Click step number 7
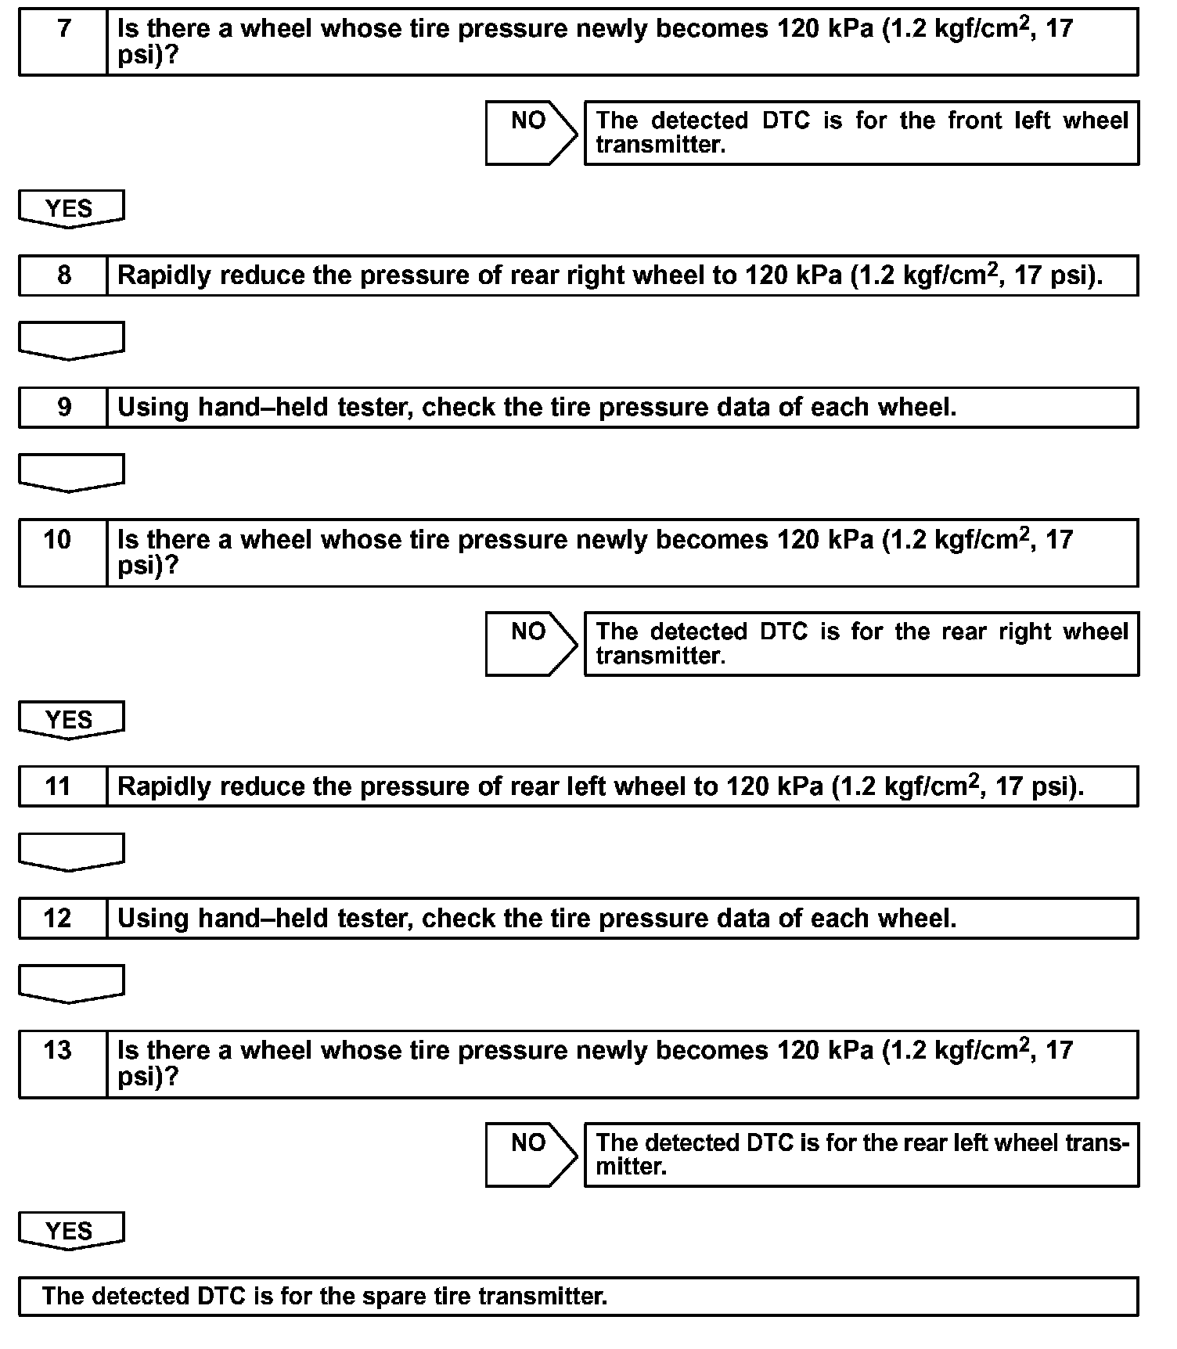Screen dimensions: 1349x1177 (x=63, y=30)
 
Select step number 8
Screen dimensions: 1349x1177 (x=63, y=275)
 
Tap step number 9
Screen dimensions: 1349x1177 (x=63, y=408)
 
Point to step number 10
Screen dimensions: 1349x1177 (x=58, y=540)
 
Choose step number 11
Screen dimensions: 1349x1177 (x=58, y=786)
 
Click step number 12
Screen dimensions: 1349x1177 (x=58, y=919)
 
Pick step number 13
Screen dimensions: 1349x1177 (x=58, y=1051)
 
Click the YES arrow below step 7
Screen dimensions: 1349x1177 (x=70, y=209)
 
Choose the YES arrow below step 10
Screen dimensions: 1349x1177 (x=70, y=720)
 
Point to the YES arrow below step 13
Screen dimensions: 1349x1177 (x=70, y=1231)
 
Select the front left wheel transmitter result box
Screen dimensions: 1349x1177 (x=861, y=132)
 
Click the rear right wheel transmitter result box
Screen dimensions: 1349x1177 (x=861, y=643)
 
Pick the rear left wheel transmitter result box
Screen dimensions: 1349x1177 (x=861, y=1154)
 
